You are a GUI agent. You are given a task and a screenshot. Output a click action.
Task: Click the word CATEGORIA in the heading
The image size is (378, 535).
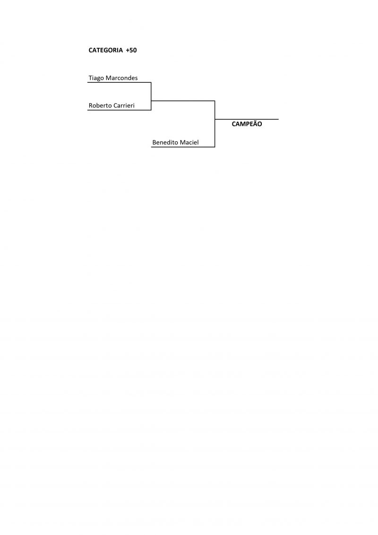[106, 50]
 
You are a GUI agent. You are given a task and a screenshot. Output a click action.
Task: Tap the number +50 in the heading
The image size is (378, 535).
[131, 50]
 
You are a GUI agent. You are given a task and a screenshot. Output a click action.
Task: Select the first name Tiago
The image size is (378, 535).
[96, 78]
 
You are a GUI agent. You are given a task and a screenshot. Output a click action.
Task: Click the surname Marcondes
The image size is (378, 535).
[122, 78]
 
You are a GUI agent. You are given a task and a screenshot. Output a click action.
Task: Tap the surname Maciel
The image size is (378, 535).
[189, 142]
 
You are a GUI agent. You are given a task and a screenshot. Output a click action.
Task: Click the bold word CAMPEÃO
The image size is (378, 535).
[247, 124]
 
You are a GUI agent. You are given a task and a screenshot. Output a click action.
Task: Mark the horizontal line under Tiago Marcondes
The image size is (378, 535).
[119, 82]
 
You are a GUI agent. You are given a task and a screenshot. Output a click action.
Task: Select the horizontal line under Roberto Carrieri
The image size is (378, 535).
[119, 110]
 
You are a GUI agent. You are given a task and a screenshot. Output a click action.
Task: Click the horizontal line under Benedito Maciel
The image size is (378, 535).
[183, 147]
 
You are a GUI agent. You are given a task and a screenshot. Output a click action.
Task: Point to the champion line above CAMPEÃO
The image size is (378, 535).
[247, 119]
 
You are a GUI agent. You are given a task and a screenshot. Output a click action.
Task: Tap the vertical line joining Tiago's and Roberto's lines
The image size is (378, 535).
[151, 96]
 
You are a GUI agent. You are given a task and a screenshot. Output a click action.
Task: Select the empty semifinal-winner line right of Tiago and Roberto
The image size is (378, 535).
[183, 101]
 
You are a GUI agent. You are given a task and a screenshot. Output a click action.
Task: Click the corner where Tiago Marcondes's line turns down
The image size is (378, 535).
[151, 82]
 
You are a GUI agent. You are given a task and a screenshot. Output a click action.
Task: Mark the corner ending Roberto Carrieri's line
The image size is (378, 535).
[151, 110]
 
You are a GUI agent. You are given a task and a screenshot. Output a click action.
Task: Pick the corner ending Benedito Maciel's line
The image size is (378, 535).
[215, 147]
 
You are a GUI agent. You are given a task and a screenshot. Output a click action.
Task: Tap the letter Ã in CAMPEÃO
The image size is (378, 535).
[254, 124]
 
